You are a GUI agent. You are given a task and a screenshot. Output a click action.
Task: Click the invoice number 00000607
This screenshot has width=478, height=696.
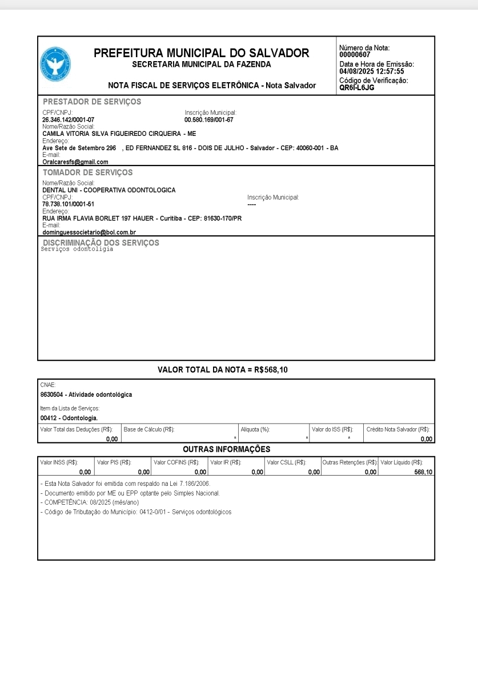pos(354,55)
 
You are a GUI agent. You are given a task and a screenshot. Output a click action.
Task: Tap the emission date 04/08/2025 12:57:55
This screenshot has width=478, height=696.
pos(372,71)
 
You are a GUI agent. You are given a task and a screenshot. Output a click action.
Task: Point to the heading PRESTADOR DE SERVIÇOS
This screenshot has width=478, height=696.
pos(92,102)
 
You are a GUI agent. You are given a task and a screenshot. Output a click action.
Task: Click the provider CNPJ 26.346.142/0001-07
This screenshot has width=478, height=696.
pos(69,119)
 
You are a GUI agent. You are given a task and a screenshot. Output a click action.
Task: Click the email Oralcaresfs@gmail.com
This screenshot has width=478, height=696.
pos(75,162)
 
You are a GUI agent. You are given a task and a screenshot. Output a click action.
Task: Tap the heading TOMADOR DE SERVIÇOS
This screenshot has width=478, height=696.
pos(87,172)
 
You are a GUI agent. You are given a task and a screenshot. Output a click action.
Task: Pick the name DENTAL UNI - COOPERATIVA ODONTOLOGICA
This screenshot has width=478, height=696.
pos(109,190)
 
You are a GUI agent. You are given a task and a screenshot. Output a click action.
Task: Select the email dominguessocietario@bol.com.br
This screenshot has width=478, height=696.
pos(89,232)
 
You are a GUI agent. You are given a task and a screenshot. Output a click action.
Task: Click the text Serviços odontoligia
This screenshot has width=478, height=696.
pos(78,249)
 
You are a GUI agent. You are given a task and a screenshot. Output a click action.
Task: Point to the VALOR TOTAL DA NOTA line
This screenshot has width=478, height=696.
pos(223,370)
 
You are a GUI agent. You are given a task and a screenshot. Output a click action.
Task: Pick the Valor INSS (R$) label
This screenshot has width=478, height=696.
pos(59,462)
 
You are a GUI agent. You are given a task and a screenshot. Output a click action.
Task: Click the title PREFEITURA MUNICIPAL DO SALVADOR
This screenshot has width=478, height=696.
pos(201,54)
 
